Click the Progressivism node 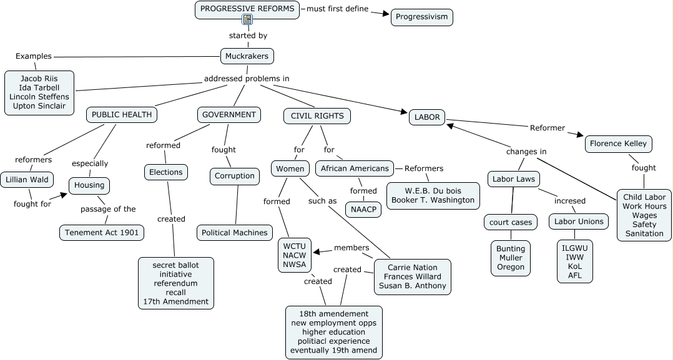pos(422,17)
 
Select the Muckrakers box pos(247,56)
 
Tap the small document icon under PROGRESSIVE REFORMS pos(247,20)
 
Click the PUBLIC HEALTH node pos(122,115)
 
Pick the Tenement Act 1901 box pos(102,233)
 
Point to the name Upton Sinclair pos(39,106)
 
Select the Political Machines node pos(235,233)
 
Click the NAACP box pos(363,209)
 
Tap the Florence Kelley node pos(619,144)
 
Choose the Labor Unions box pos(579,221)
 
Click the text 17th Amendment pos(175,301)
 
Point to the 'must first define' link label pos(337,9)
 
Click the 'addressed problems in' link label pos(247,79)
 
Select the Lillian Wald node pos(26,180)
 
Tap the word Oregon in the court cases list pos(511,267)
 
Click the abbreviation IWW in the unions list pos(575,256)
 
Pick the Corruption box pos(235,176)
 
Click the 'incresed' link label pos(570,201)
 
